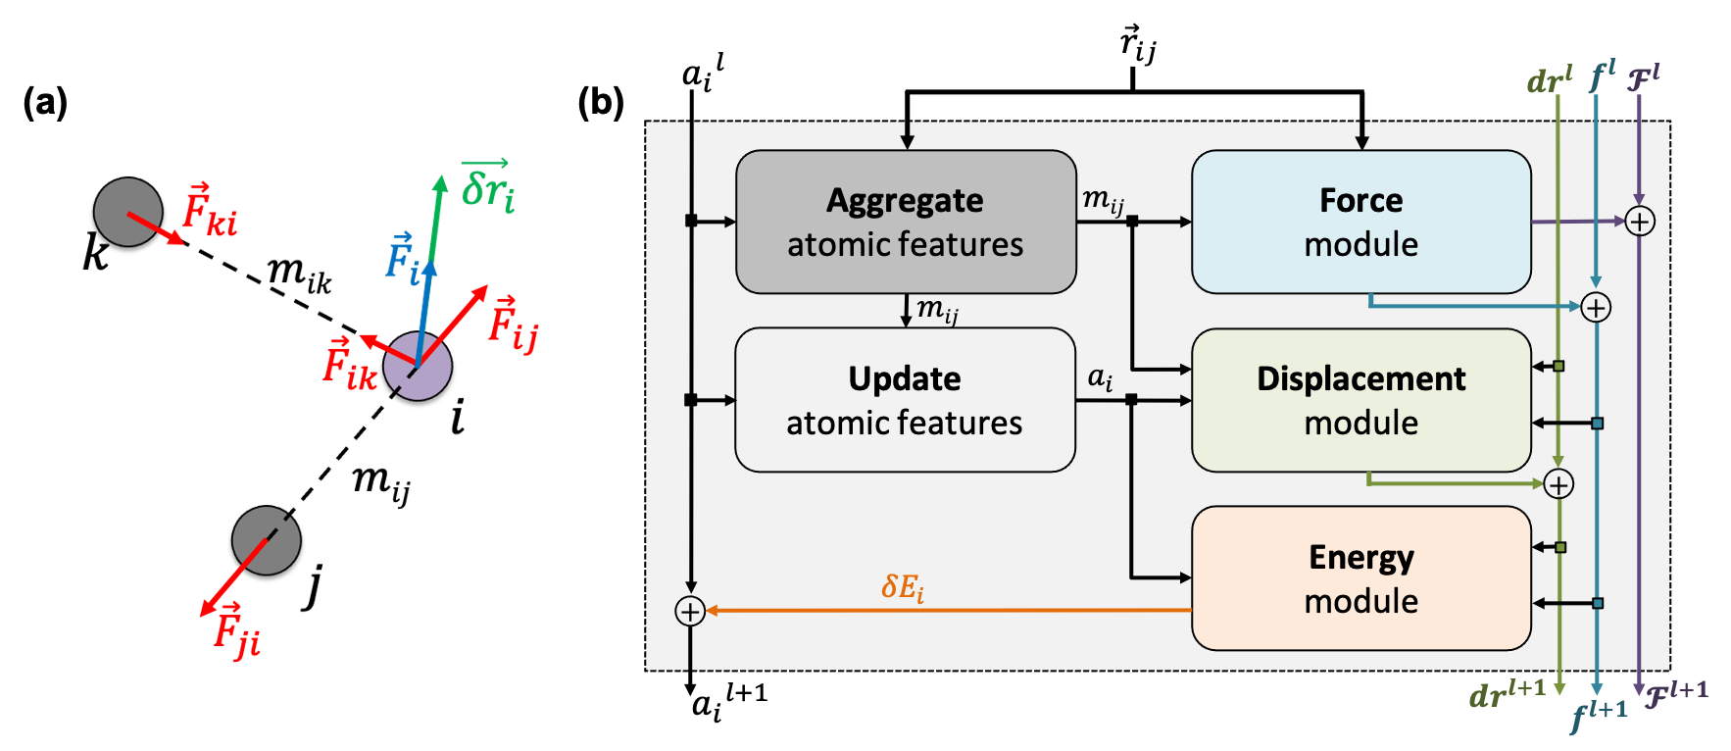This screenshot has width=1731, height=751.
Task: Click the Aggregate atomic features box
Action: (x=906, y=222)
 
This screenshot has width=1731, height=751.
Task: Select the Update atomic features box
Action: (x=905, y=400)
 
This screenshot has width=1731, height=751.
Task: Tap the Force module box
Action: (x=1360, y=222)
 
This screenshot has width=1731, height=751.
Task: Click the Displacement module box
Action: (x=1360, y=400)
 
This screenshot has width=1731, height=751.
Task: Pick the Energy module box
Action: (x=1360, y=578)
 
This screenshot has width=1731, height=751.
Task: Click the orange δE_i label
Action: (x=902, y=588)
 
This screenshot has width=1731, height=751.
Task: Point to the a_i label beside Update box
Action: (x=1100, y=378)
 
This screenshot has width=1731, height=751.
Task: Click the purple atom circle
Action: (x=419, y=366)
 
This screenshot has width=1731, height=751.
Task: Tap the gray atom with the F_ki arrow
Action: (x=127, y=212)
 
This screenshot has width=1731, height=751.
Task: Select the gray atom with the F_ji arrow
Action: (x=266, y=540)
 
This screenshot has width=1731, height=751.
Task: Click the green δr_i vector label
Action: (x=487, y=186)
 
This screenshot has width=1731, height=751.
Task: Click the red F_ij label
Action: (x=513, y=323)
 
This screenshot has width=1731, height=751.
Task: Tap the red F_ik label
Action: (x=350, y=364)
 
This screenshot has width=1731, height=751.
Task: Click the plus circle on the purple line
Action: (x=1640, y=222)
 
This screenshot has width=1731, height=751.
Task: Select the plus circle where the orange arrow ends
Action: (x=690, y=612)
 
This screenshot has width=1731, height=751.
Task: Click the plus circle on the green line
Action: (x=1558, y=484)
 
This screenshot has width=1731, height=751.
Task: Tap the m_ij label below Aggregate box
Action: (x=937, y=311)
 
